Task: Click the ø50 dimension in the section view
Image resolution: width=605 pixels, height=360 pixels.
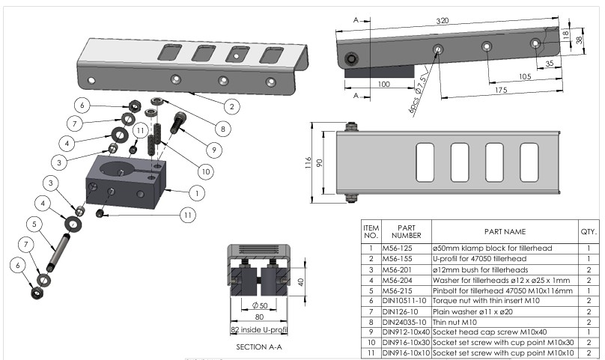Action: (x=258, y=305)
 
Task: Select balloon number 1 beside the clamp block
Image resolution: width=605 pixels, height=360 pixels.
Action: (x=197, y=192)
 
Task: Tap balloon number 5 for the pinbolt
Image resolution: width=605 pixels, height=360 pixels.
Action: (x=34, y=223)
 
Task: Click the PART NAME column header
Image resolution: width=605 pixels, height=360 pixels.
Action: (x=505, y=232)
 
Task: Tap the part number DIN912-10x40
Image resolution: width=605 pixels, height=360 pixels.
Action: (x=407, y=332)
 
